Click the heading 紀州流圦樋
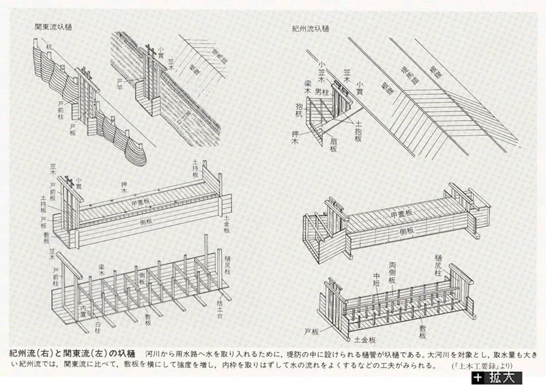point(311,29)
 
